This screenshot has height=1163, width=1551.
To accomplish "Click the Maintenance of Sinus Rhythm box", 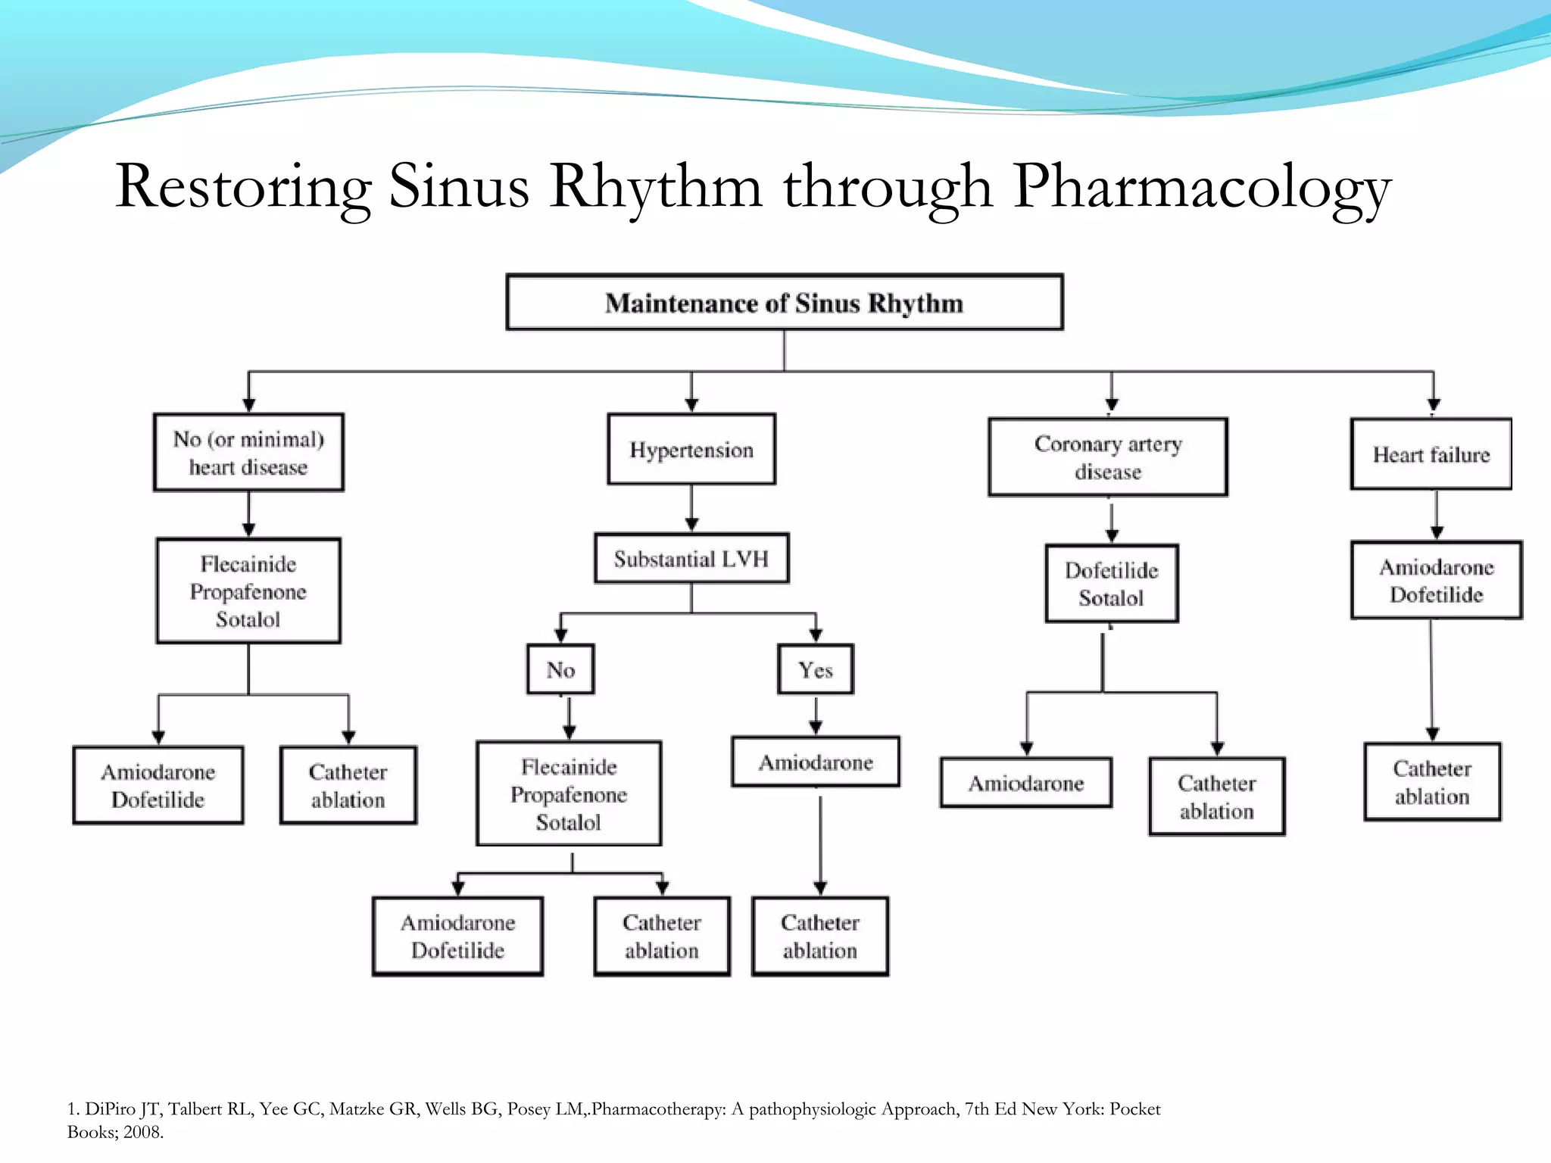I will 784,302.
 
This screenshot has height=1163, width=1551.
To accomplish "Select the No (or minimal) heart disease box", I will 248,453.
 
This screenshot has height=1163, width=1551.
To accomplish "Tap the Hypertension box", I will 691,450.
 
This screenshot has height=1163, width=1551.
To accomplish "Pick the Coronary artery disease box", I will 1108,457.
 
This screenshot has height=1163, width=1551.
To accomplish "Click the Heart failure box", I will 1431,454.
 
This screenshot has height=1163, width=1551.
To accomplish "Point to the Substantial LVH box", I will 691,559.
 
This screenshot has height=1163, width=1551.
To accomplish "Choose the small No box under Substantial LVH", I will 560,669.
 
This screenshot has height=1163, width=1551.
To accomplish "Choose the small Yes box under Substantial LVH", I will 816,669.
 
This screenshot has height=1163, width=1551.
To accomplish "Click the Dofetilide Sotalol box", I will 1111,584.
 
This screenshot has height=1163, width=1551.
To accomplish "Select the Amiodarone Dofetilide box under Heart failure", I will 1436,581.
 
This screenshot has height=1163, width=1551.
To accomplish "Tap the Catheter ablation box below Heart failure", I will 1432,782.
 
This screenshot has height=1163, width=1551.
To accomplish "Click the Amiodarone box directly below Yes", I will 816,762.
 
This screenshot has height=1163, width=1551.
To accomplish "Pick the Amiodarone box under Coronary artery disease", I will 1026,783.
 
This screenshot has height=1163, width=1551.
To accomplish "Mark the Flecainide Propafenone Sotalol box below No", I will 569,794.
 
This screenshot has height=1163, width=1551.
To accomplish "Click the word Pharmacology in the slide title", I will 1202,187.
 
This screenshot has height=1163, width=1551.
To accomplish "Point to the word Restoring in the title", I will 243,187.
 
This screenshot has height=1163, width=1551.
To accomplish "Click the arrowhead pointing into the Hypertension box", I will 691,405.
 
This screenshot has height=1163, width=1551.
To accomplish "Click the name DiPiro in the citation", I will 111,1109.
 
